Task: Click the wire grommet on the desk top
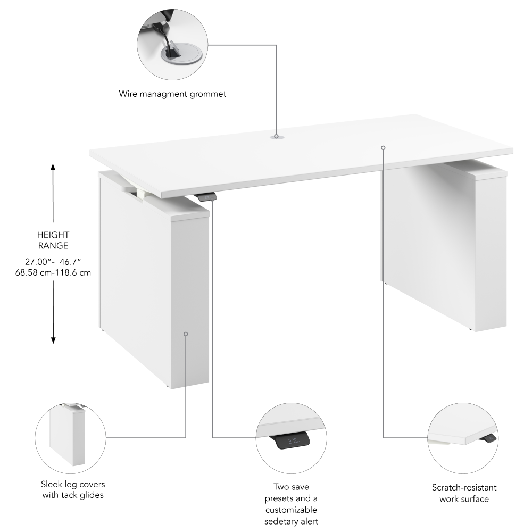(x=276, y=137)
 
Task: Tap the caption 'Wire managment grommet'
(x=172, y=94)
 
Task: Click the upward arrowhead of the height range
(x=53, y=167)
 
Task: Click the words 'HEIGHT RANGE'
(x=53, y=240)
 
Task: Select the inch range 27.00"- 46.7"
(x=53, y=262)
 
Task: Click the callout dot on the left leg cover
(x=186, y=334)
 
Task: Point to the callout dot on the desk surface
(x=383, y=147)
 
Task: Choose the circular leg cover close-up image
(x=70, y=438)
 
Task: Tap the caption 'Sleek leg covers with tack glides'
(x=73, y=490)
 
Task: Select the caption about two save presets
(x=292, y=504)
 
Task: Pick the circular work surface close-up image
(x=463, y=438)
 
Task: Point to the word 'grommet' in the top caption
(x=208, y=94)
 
